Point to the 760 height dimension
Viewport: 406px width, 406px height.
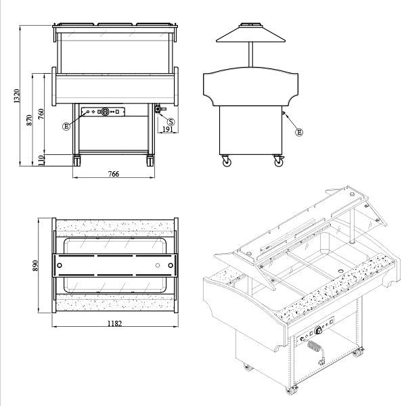pos(41,113)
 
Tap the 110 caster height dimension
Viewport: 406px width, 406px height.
pos(41,160)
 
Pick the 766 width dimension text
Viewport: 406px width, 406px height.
pos(114,174)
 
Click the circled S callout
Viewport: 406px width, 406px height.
pos(171,121)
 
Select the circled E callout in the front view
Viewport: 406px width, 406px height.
pos(66,126)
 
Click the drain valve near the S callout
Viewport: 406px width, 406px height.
pos(160,109)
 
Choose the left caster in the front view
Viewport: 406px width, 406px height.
pos(76,160)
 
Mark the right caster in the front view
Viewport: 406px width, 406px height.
pos(151,160)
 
